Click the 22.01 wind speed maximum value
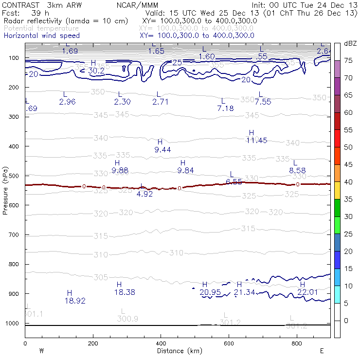tap(307, 292)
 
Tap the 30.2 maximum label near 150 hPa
tap(96, 71)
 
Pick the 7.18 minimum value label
tap(225, 108)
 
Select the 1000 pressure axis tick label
tap(13, 324)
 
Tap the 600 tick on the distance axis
tap(229, 343)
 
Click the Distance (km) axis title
tap(177, 351)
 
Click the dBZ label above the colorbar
tap(350, 43)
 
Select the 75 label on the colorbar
tap(348, 60)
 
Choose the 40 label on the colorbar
tap(348, 182)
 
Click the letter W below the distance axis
tap(41, 350)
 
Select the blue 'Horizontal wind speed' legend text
tap(41, 36)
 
